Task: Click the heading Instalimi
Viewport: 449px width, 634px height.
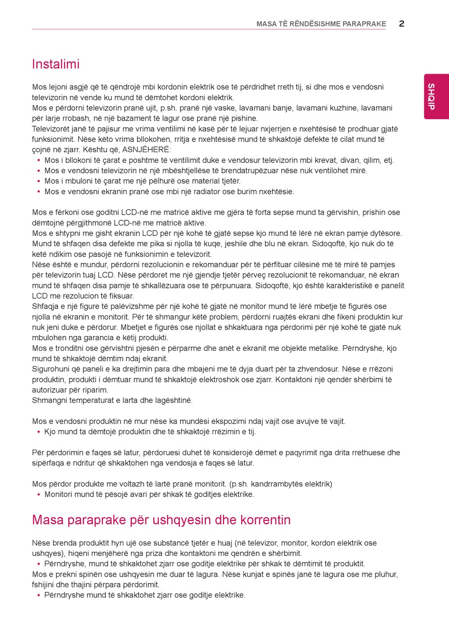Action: (56, 64)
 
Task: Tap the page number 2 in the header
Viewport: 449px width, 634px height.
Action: (401, 24)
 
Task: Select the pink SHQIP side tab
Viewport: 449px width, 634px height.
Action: (431, 96)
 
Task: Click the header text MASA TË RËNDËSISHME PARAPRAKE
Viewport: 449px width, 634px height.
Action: (321, 24)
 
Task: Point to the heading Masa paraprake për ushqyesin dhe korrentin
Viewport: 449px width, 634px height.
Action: (161, 520)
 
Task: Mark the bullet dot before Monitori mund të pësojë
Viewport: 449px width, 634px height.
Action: (38, 495)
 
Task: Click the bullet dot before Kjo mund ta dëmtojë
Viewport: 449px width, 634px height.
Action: (38, 432)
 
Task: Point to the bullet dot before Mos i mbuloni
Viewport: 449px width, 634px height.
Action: (38, 181)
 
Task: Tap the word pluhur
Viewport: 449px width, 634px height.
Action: (386, 574)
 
